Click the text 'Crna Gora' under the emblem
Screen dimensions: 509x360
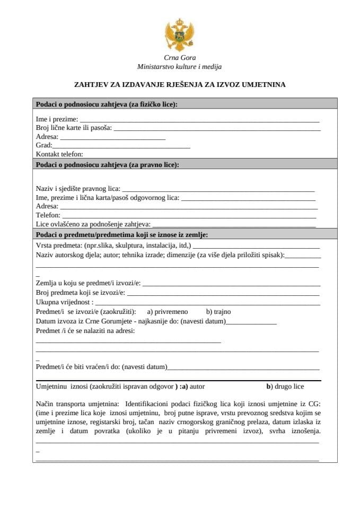(x=179, y=58)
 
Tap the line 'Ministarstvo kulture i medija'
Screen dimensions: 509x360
(x=179, y=67)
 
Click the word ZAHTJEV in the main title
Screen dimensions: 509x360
(x=90, y=84)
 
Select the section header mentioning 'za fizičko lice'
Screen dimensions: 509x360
(x=106, y=104)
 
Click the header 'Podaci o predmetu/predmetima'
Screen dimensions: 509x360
(x=121, y=234)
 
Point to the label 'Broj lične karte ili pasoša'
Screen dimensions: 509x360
(x=73, y=128)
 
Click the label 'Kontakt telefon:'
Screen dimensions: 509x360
(x=59, y=154)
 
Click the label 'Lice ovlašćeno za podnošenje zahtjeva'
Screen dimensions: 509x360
(x=93, y=224)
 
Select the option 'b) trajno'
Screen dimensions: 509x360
(x=218, y=312)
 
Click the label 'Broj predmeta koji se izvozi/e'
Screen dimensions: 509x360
(x=80, y=293)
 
